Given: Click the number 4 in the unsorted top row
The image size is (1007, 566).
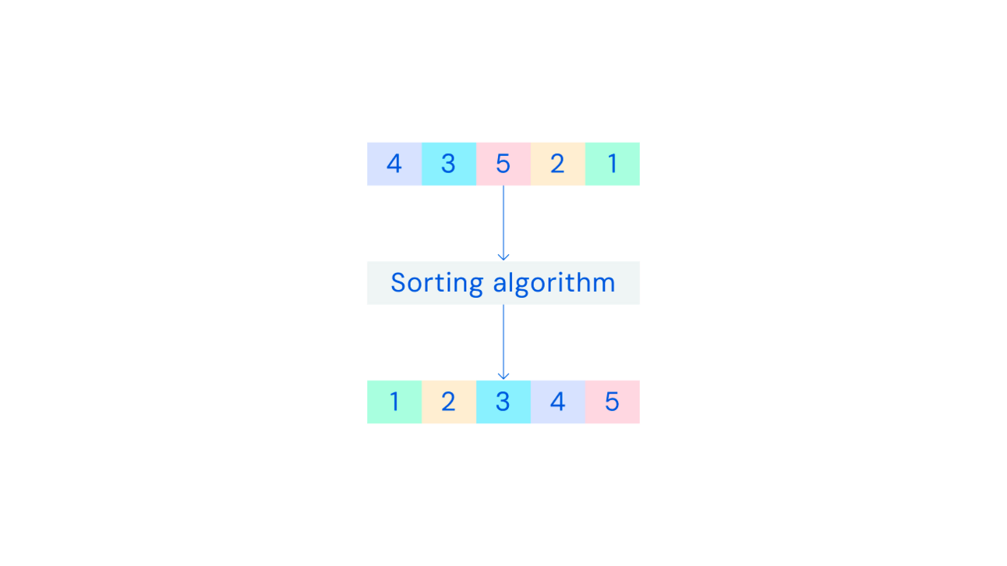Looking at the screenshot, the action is (x=394, y=164).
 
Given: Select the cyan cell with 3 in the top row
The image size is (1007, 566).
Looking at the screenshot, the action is (x=449, y=164).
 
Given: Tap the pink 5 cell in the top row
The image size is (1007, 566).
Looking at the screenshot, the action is (x=503, y=164).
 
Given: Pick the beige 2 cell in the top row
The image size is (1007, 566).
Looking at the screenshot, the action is (x=558, y=164).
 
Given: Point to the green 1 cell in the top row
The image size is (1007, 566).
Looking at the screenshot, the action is (x=613, y=164).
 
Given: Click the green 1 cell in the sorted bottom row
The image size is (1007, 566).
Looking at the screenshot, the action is (x=394, y=402).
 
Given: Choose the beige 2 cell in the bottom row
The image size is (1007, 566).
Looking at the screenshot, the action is (x=449, y=402).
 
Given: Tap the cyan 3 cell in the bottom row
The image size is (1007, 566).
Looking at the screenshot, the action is (x=503, y=402).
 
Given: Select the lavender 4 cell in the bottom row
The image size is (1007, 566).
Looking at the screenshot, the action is (x=558, y=402).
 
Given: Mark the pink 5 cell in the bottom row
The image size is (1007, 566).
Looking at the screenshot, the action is (x=613, y=402).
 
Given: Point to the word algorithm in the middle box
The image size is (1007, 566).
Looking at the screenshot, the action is (x=554, y=284).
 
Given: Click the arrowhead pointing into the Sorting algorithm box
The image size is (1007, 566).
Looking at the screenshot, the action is (x=503, y=257).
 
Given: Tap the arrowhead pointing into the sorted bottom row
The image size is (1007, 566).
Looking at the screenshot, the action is (x=503, y=377).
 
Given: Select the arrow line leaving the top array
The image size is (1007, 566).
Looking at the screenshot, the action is (x=503, y=223).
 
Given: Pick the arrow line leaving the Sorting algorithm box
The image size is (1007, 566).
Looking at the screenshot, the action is (x=503, y=342).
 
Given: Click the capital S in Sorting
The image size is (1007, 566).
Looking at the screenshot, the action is (x=399, y=283).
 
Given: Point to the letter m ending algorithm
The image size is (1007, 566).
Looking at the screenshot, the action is (x=603, y=286).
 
